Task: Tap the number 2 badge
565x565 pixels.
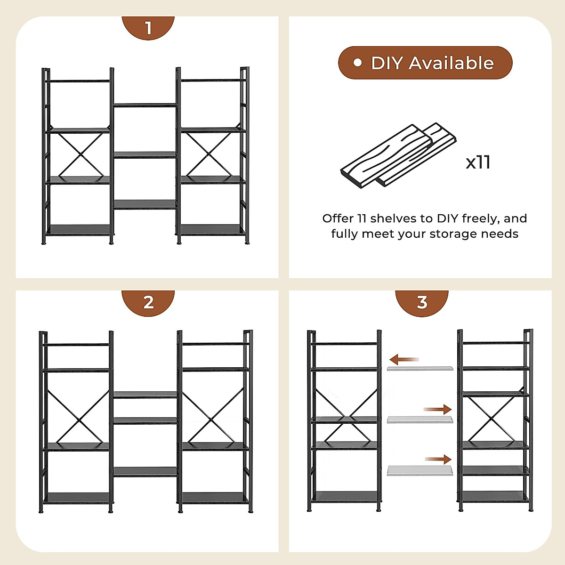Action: click(148, 302)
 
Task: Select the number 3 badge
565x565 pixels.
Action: click(422, 302)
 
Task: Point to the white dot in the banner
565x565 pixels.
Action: click(358, 63)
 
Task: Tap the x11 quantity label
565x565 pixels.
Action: click(478, 162)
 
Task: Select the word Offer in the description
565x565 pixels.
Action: click(338, 218)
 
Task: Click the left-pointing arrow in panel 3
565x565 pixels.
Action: click(404, 360)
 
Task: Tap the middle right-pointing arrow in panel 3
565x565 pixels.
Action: click(438, 410)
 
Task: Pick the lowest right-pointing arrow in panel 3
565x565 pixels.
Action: click(438, 460)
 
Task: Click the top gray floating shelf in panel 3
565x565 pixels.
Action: click(420, 369)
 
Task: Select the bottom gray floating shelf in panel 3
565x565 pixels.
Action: click(420, 470)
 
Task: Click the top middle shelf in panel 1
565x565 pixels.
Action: click(145, 105)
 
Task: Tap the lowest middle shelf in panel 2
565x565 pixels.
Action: click(145, 472)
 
